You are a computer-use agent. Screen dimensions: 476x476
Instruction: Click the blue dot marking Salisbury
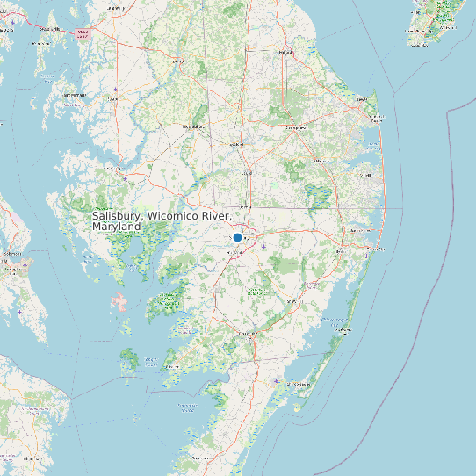click(237, 237)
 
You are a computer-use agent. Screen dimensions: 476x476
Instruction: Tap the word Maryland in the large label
click(116, 227)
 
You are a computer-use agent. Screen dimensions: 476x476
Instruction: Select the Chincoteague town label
click(302, 384)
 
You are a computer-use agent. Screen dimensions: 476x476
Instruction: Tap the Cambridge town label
click(112, 167)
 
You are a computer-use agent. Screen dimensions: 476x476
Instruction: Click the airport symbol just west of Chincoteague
click(277, 381)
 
